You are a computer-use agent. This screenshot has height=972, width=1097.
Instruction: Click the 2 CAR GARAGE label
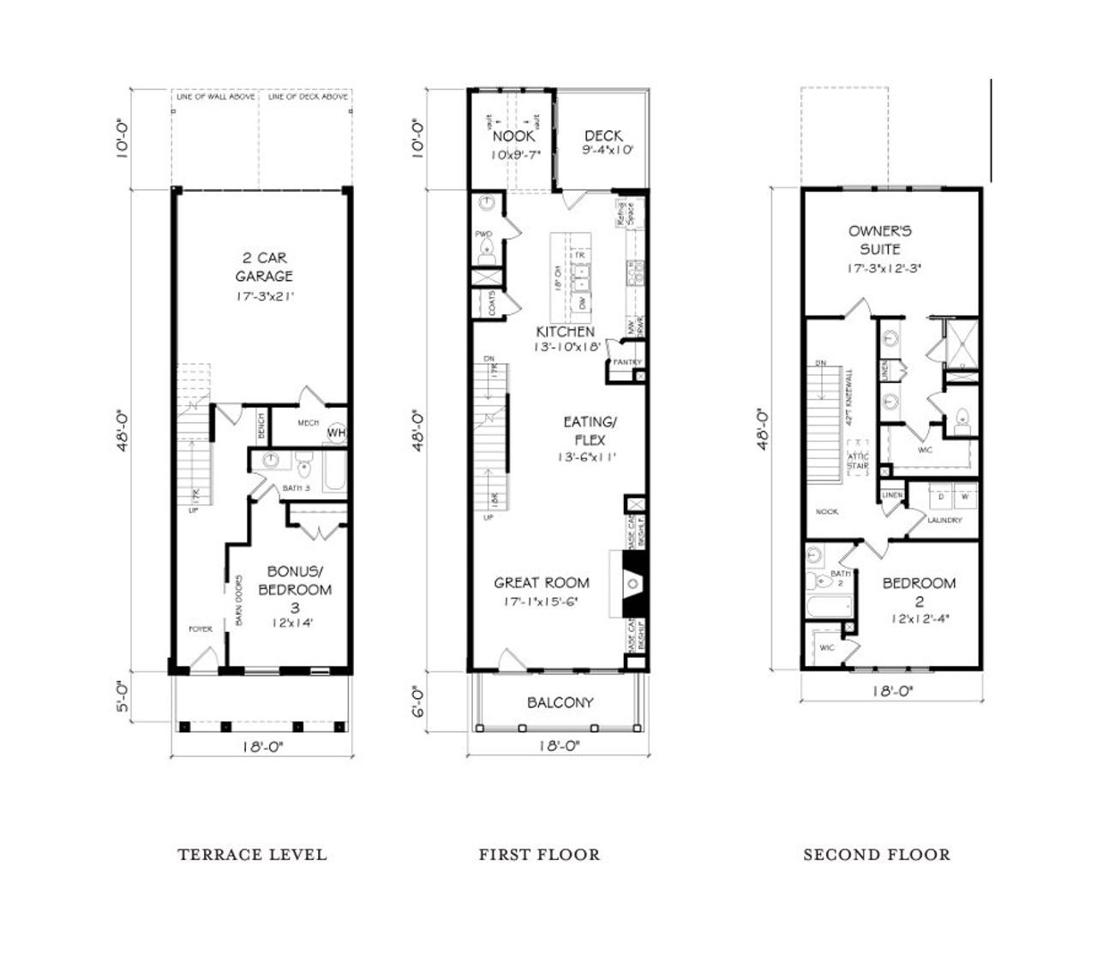pyautogui.click(x=263, y=266)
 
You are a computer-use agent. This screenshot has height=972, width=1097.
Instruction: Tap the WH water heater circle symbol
pyautogui.click(x=335, y=433)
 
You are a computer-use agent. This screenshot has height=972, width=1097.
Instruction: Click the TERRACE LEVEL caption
pyautogui.click(x=252, y=854)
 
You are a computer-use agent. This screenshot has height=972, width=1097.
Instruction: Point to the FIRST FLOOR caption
pyautogui.click(x=539, y=854)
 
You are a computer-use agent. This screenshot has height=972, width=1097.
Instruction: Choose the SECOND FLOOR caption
pyautogui.click(x=876, y=854)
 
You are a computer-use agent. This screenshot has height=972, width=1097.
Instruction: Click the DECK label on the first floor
pyautogui.click(x=603, y=136)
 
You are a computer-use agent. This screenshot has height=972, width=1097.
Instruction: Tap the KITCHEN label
pyautogui.click(x=565, y=331)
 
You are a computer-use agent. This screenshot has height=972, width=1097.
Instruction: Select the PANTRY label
pyautogui.click(x=626, y=362)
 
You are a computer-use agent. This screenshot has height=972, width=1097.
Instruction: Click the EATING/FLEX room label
pyautogui.click(x=589, y=431)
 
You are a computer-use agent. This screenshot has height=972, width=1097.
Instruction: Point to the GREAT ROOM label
pyautogui.click(x=541, y=583)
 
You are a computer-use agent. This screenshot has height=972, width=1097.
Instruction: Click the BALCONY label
pyautogui.click(x=560, y=703)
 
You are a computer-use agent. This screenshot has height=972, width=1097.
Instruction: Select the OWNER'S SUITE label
pyautogui.click(x=880, y=240)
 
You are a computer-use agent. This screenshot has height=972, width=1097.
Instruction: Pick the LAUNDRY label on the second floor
pyautogui.click(x=944, y=520)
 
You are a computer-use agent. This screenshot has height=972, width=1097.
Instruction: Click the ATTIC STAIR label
pyautogui.click(x=858, y=461)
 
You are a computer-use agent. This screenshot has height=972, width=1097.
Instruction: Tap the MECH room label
pyautogui.click(x=308, y=423)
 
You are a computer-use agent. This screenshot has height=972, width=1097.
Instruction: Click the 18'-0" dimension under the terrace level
pyautogui.click(x=261, y=746)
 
